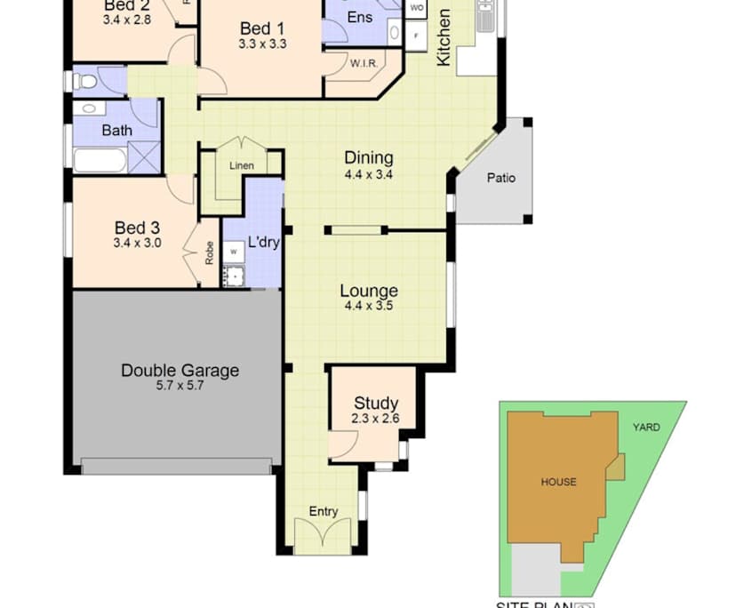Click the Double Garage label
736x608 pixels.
(180, 371)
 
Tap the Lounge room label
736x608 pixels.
(369, 291)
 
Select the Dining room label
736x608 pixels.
(369, 158)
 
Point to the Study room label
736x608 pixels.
(376, 403)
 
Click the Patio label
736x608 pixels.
(500, 178)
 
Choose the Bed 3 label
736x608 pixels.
(137, 227)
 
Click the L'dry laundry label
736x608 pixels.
(264, 241)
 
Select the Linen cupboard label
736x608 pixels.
(241, 166)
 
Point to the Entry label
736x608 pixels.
(324, 511)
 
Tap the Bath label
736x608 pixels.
(116, 130)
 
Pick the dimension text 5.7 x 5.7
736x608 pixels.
(180, 386)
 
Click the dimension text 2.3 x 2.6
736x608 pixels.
(376, 418)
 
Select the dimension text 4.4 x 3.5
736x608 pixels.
(369, 306)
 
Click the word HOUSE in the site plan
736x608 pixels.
(558, 482)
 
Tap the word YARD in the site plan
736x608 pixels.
(646, 428)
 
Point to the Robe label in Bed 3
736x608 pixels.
(210, 255)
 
